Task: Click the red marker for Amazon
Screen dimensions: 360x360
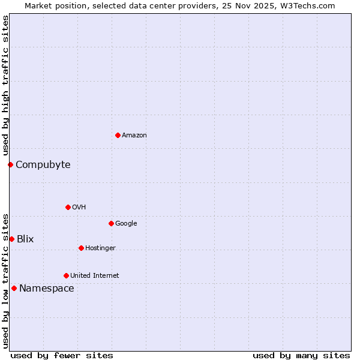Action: [118, 135]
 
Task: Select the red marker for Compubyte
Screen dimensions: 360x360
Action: [10, 164]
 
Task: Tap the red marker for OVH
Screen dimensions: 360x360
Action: [68, 207]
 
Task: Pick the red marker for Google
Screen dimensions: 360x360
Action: [111, 223]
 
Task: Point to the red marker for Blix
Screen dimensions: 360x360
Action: [11, 239]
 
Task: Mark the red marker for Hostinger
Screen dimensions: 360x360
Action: [81, 248]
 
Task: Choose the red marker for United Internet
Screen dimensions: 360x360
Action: [66, 275]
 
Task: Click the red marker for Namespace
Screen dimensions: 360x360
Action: [14, 288]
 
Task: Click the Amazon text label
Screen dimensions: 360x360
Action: [134, 135]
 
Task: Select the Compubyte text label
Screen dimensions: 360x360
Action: [43, 164]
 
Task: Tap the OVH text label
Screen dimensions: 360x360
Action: [79, 207]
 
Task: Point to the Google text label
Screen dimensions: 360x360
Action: [126, 223]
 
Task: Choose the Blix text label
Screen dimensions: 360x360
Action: [25, 239]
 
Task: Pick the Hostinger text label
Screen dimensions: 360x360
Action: [100, 248]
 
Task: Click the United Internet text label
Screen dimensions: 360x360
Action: [95, 275]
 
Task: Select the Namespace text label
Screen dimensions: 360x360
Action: [47, 288]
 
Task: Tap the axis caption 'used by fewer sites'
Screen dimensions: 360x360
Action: [62, 355]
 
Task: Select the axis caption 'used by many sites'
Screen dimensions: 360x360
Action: [301, 355]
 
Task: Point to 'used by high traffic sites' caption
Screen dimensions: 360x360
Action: [5, 86]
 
